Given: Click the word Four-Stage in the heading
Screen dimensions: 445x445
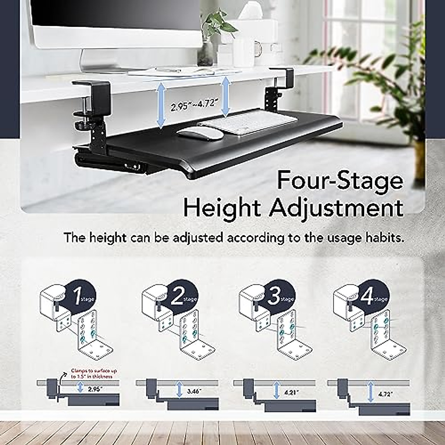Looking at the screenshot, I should coord(340,181).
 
